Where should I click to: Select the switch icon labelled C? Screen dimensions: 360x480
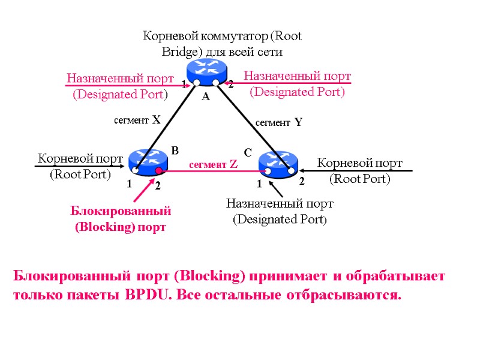coord(278,164)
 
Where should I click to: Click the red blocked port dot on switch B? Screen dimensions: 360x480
coord(159,171)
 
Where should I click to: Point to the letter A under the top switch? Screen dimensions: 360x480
coord(205,97)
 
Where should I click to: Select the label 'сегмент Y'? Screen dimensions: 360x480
coord(278,123)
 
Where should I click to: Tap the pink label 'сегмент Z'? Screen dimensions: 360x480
coord(214,164)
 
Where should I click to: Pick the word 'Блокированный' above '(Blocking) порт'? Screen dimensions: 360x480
coord(121,211)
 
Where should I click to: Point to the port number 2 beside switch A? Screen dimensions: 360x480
coord(230,85)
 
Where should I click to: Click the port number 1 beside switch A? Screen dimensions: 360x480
coord(184,85)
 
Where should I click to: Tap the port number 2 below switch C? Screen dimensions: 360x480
coord(302,181)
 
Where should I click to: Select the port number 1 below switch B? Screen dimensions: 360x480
coord(128,185)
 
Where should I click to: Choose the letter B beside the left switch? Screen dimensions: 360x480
coord(175,151)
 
